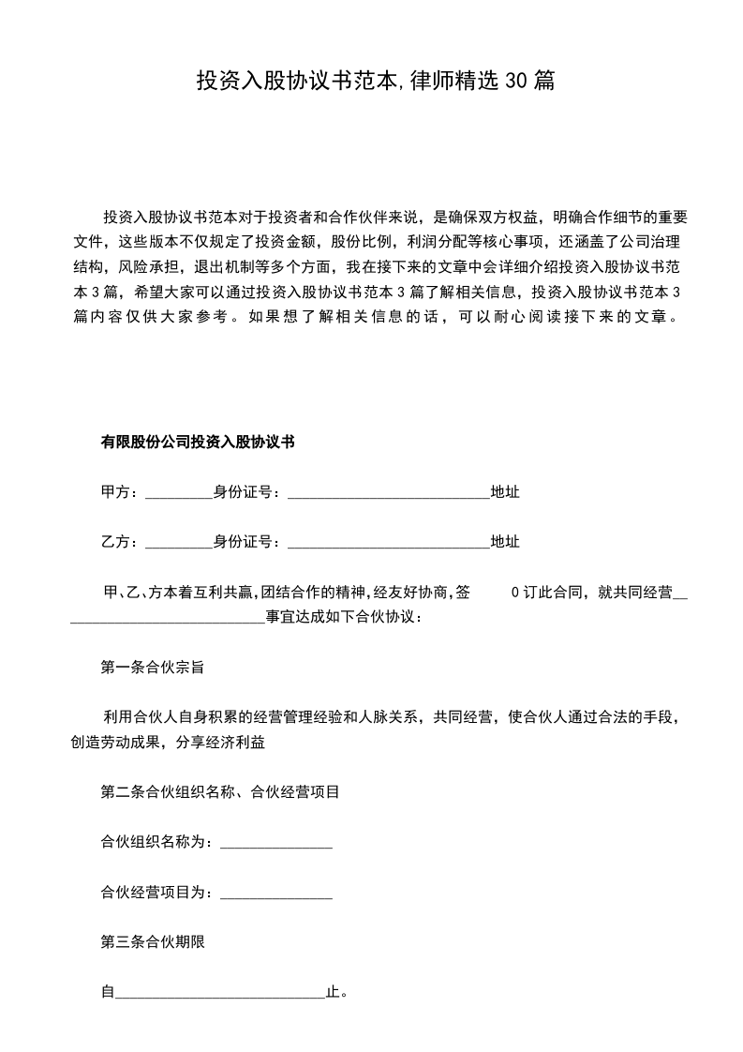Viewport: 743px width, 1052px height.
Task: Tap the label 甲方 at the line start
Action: [x=116, y=491]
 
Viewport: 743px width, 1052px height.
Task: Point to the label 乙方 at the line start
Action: [x=116, y=542]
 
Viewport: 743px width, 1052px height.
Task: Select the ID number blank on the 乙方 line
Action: [x=389, y=543]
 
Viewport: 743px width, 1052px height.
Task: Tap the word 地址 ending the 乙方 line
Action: [x=505, y=542]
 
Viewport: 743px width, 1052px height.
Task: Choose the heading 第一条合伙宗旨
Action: [x=153, y=669]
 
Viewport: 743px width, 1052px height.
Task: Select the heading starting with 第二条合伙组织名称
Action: [x=219, y=792]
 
